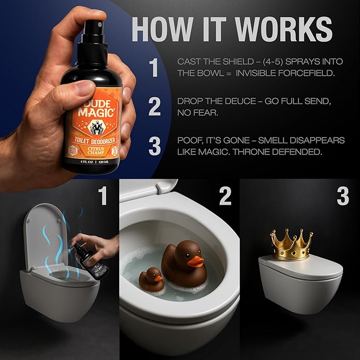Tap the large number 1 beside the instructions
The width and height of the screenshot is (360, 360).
[x=154, y=68]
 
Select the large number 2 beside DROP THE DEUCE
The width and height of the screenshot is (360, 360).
[x=154, y=107]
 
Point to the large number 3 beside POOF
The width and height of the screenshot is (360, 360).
[x=154, y=146]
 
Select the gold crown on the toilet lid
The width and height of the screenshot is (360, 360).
[x=289, y=245]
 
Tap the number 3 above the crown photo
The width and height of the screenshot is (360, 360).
[x=343, y=196]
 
